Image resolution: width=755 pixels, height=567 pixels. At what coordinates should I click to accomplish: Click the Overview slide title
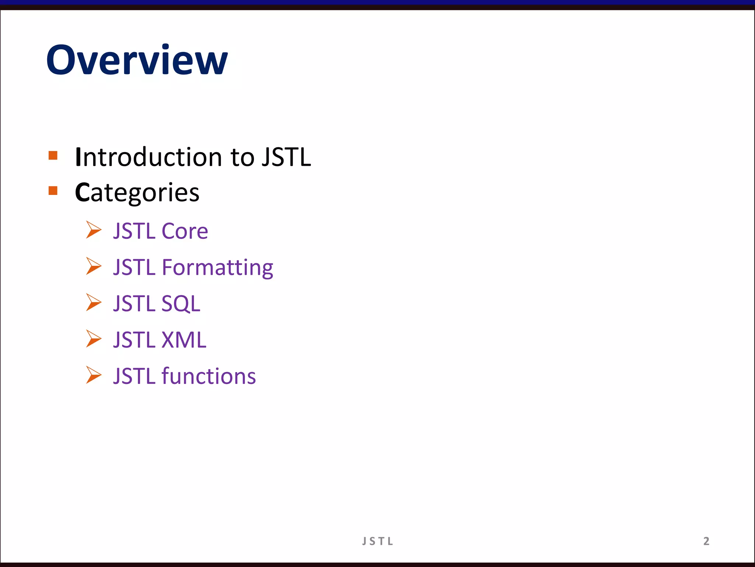pos(137,60)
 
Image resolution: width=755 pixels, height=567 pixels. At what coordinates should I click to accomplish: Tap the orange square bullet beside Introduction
pos(53,155)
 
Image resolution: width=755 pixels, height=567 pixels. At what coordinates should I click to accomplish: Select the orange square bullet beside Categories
pos(53,190)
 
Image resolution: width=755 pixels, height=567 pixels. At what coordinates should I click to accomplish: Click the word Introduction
pos(148,157)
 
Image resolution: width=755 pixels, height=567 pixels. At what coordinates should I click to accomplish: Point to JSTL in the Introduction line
pos(286,157)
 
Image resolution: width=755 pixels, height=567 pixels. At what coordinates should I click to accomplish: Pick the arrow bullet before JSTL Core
pos(94,230)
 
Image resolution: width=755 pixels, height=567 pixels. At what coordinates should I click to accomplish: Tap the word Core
pos(185,231)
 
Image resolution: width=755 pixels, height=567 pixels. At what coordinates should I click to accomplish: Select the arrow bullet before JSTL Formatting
pos(94,266)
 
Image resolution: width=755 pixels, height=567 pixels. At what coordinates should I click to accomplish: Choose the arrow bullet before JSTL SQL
pos(94,302)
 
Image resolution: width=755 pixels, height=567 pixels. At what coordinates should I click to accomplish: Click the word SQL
pos(181,304)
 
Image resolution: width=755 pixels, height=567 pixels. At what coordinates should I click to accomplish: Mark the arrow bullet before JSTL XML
pos(94,339)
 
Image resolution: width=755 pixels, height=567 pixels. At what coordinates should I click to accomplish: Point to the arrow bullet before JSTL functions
pos(94,375)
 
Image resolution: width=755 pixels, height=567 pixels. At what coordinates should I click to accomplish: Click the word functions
pos(209,376)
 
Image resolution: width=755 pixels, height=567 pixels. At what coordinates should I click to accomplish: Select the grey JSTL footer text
pos(377,541)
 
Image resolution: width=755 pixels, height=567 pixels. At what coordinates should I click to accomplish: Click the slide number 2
pos(706,541)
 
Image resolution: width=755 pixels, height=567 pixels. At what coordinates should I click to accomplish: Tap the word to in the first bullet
pos(242,157)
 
